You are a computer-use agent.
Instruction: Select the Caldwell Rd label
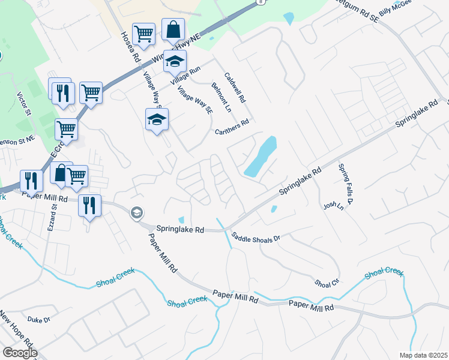[x=235, y=87]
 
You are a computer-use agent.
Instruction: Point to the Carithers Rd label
[x=232, y=127]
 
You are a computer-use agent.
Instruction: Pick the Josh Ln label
[x=333, y=206]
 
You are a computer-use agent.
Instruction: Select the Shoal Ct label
[x=327, y=282]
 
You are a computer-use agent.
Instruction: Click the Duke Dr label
[x=38, y=320]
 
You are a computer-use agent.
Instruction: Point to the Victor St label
[x=23, y=104]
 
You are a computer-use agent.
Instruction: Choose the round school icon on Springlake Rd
[x=137, y=212]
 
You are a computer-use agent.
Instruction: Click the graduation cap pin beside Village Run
[x=175, y=61]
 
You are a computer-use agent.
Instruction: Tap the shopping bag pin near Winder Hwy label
[x=173, y=29]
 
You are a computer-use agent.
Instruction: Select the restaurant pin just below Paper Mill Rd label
[x=89, y=205]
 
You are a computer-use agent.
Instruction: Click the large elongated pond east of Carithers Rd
[x=261, y=156]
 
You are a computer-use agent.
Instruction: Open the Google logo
[x=20, y=353]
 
